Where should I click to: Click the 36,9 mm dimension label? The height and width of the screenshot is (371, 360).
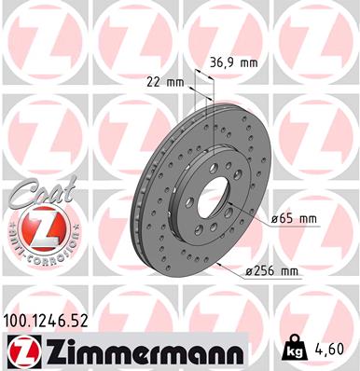coord(234,63)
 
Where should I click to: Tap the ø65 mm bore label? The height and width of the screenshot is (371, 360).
coord(294,219)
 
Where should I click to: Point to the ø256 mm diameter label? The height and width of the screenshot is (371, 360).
coord(271,271)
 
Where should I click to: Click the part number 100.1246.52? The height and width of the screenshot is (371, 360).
coord(45,322)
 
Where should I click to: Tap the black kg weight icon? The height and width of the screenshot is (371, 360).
coord(293,348)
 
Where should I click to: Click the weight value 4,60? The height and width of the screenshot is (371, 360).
coord(331,349)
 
